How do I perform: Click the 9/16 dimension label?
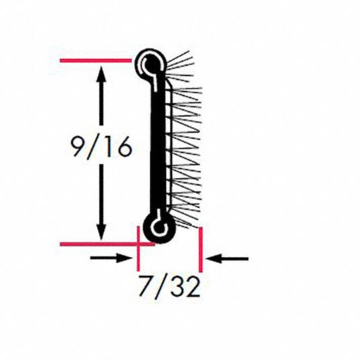click(x=101, y=147)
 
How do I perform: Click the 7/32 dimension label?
click(x=169, y=287)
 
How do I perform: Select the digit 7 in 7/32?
click(x=146, y=286)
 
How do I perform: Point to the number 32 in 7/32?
click(x=185, y=287)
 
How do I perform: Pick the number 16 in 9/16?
click(x=119, y=147)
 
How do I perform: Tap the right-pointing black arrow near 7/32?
click(x=111, y=258)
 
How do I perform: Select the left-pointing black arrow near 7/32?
click(x=227, y=259)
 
